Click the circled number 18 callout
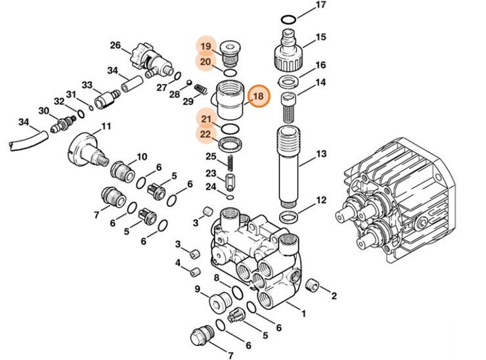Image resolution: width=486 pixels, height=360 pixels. (x=258, y=96)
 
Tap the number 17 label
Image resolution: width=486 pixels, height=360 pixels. (x=321, y=5)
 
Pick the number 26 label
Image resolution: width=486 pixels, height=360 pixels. (x=116, y=45)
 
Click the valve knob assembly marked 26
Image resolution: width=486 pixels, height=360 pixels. (x=150, y=58)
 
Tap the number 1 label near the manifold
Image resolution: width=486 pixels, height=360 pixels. (x=303, y=314)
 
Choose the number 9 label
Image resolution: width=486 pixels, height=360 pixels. (x=197, y=289)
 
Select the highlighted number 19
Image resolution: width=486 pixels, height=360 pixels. (x=206, y=46)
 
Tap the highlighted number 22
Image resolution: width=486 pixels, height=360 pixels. (x=206, y=133)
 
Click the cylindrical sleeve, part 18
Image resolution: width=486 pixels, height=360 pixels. (x=230, y=99)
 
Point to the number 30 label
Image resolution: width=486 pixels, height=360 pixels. (x=43, y=110)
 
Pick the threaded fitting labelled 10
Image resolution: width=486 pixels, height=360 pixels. (x=123, y=170)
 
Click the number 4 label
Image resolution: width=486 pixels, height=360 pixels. (x=177, y=263)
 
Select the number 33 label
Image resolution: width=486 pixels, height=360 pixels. (x=87, y=85)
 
